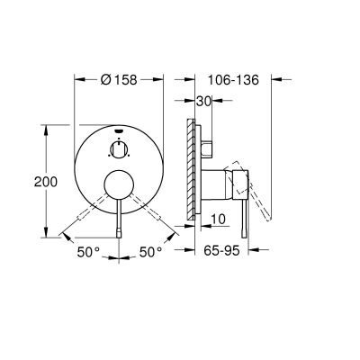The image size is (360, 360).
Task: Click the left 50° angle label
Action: point(88,254)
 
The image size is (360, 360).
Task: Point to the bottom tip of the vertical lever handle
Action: point(118,235)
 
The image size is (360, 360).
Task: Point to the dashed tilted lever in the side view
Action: point(261,202)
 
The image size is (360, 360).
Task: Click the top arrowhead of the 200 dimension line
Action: point(44,126)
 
